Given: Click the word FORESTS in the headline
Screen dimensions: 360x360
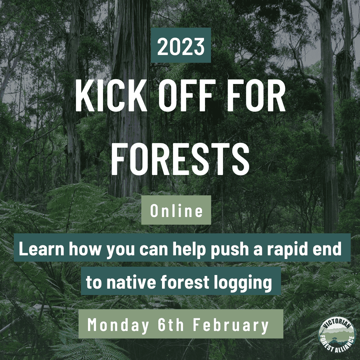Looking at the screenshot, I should tap(180, 156).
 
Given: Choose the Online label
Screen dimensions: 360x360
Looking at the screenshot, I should tap(176, 211).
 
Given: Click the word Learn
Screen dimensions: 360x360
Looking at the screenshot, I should tap(40, 250).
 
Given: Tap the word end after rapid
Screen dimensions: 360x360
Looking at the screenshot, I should tap(327, 250).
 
